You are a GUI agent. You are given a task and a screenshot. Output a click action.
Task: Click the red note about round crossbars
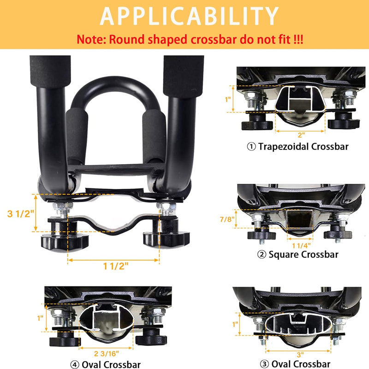(x=190, y=39)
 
